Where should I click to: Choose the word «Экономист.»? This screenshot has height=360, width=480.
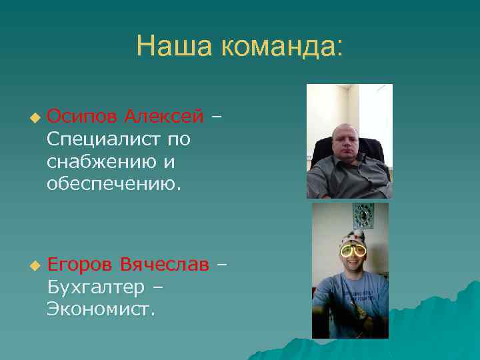(x=101, y=309)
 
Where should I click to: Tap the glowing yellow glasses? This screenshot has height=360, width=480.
(x=353, y=251)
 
